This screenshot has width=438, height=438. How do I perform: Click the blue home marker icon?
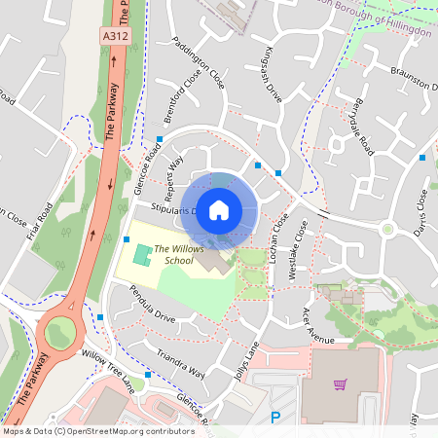pyautogui.click(x=219, y=209)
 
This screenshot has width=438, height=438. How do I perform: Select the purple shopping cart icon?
pyautogui.click(x=340, y=384)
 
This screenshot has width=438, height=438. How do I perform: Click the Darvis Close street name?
pyautogui.click(x=420, y=213)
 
